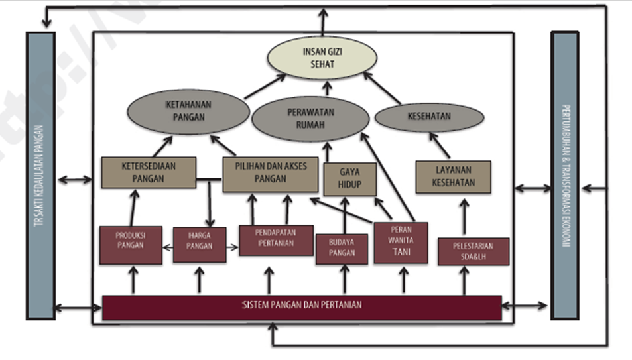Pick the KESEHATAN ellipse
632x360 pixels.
tap(429, 117)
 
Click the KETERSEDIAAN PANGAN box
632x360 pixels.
tap(149, 172)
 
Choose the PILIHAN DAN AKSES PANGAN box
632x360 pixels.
tap(270, 173)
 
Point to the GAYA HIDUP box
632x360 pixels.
tap(349, 178)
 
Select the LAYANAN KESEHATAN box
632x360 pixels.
tap(453, 177)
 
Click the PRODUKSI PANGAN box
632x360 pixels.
tap(130, 245)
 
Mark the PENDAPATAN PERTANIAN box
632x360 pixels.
tap(275, 241)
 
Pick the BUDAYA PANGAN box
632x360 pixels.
tap(341, 249)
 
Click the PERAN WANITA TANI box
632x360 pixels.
tap(401, 243)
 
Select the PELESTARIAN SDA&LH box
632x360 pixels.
tap(474, 251)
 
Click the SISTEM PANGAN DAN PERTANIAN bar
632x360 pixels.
tap(302, 307)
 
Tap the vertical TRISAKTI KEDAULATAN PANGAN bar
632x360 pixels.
tap(40, 176)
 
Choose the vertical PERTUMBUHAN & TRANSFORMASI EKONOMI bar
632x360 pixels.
tap(564, 176)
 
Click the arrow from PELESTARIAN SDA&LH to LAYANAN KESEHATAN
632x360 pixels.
tap(464, 216)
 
